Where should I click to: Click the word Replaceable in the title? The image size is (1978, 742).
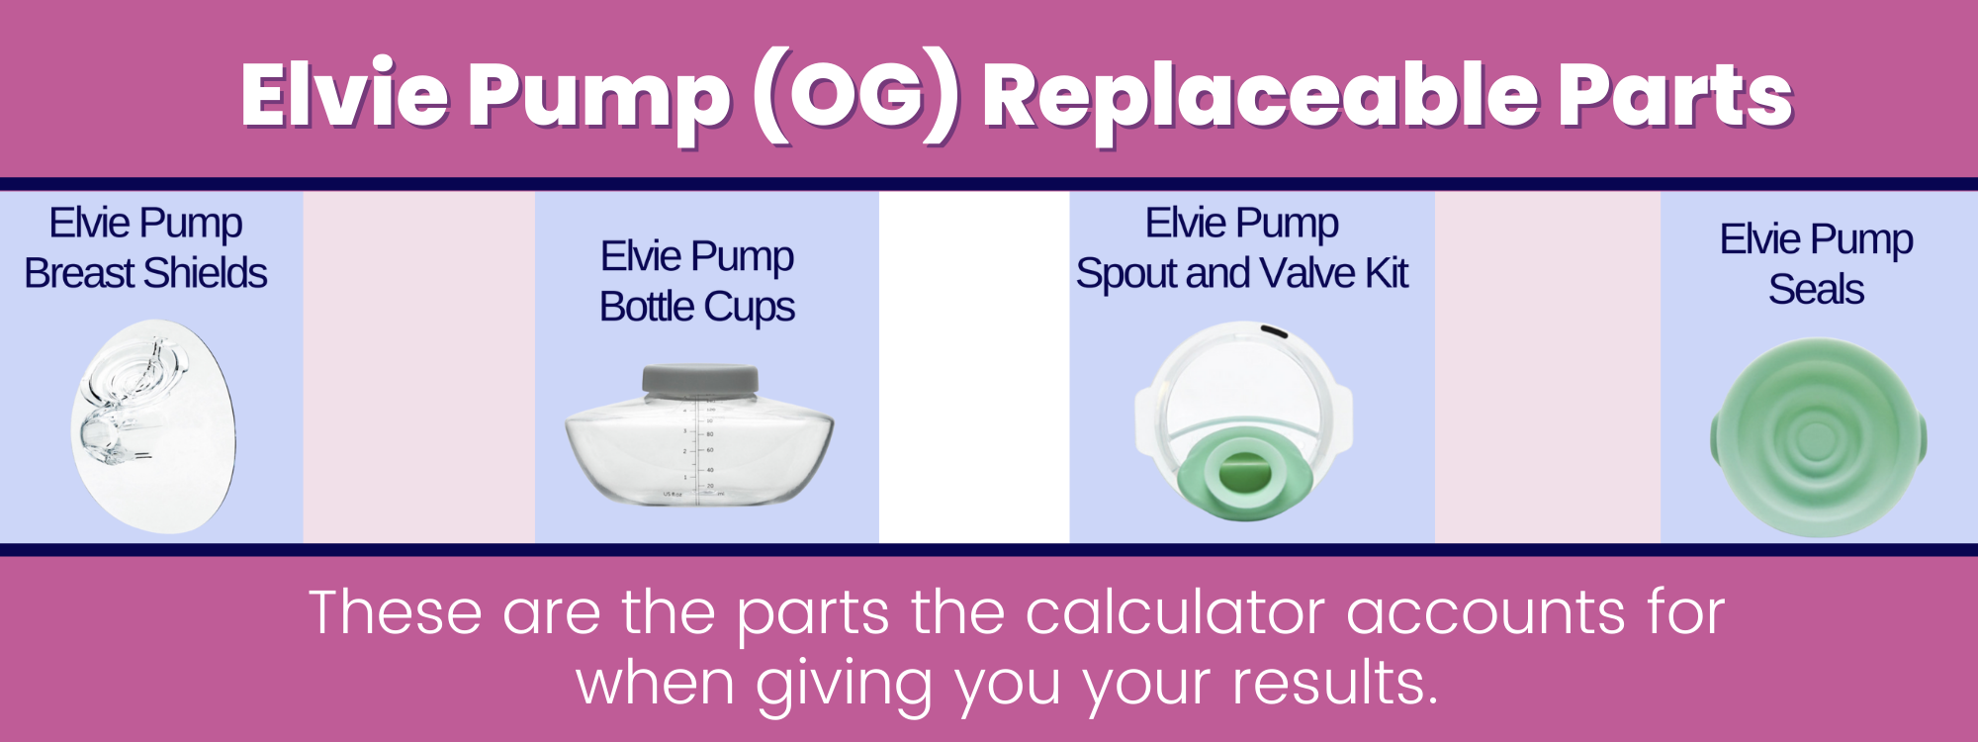point(1261,96)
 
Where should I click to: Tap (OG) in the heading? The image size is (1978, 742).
point(856,96)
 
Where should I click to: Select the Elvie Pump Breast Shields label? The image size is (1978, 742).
point(145,248)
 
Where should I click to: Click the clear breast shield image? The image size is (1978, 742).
point(153,425)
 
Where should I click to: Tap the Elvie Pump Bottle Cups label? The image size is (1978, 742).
point(697,281)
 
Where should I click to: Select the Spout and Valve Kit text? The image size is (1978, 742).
point(1242,273)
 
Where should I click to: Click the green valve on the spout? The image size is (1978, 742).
point(1244,473)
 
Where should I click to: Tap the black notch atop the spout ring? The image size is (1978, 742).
point(1274,331)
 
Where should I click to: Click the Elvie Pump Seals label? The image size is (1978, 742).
point(1816,264)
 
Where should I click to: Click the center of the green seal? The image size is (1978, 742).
point(1816,438)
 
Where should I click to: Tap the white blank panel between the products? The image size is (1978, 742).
point(974,366)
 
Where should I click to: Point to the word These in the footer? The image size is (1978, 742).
point(396,612)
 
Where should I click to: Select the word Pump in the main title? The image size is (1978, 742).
point(599,96)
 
